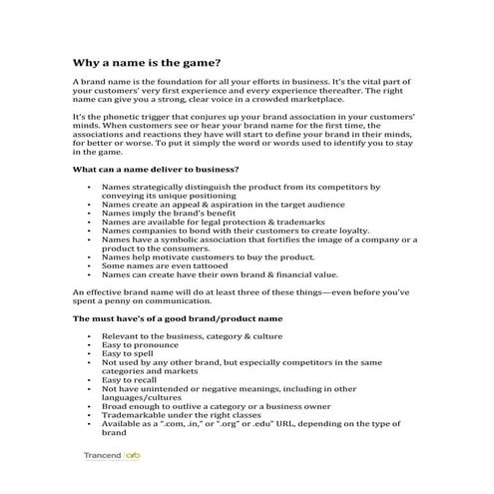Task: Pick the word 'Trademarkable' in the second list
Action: [x=134, y=415]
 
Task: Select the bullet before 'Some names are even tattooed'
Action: [x=91, y=266]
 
